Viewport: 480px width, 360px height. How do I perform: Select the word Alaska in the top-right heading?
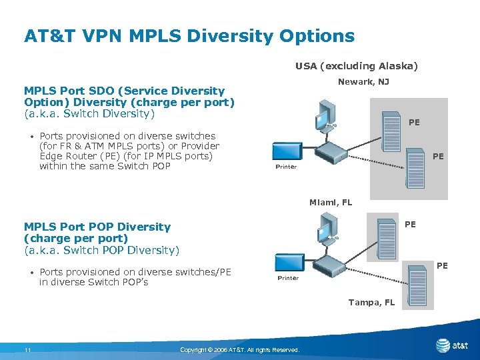(x=397, y=66)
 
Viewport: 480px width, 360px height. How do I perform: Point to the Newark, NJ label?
(x=363, y=82)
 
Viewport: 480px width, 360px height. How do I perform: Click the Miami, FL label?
(x=330, y=202)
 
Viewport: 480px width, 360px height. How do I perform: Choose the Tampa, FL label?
(x=371, y=302)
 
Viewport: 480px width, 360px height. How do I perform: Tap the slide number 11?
(x=27, y=350)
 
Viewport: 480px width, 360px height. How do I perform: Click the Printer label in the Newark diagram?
(x=286, y=167)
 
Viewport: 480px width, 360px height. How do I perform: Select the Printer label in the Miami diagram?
(x=288, y=278)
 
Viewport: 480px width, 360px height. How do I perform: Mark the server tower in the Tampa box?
(x=417, y=286)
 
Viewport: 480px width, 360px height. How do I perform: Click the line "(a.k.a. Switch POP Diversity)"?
(x=101, y=250)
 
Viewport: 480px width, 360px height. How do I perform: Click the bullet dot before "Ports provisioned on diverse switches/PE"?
(x=32, y=272)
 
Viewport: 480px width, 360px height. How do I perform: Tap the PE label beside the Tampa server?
(x=442, y=266)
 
